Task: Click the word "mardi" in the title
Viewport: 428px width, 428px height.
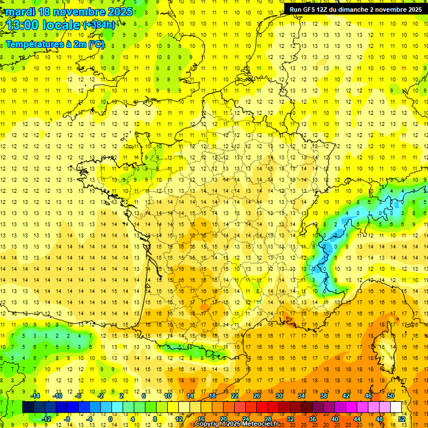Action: click(x=20, y=11)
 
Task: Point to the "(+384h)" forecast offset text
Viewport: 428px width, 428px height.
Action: click(x=100, y=25)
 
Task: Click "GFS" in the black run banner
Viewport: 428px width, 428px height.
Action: click(x=310, y=9)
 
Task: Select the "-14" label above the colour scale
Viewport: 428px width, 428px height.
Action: click(x=35, y=396)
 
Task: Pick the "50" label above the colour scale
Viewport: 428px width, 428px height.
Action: click(x=391, y=396)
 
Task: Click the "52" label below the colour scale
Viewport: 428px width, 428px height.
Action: click(x=402, y=419)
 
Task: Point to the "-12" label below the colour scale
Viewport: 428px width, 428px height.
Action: click(x=46, y=419)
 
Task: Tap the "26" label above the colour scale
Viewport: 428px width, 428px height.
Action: click(x=257, y=396)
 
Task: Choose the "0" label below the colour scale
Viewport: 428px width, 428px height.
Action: click(x=111, y=419)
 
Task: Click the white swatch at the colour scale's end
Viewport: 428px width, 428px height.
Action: click(x=396, y=407)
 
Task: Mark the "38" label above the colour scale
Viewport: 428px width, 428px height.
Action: click(x=324, y=396)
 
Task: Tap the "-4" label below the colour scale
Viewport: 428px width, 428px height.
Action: click(x=90, y=419)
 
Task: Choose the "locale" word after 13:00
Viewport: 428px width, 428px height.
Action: click(x=63, y=25)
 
